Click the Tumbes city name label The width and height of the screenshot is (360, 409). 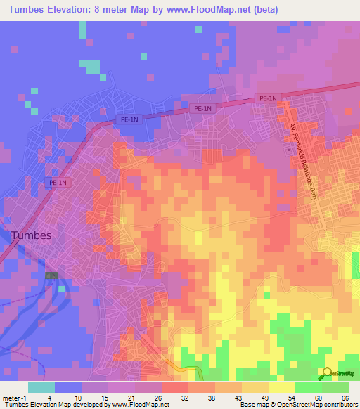click(30, 235)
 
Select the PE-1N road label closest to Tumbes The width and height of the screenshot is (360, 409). click(58, 183)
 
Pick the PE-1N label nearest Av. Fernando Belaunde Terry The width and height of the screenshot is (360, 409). click(268, 99)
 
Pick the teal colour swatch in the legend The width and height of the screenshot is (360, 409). click(41, 387)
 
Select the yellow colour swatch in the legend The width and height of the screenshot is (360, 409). click(282, 387)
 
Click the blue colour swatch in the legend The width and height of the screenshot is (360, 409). click(68, 387)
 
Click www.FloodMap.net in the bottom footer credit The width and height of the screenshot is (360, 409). click(131, 405)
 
